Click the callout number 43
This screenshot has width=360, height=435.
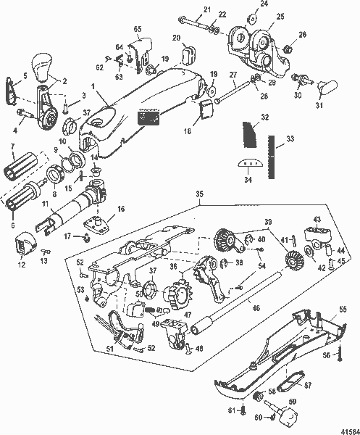coord(317,220)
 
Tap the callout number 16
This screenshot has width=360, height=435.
coord(120,209)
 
